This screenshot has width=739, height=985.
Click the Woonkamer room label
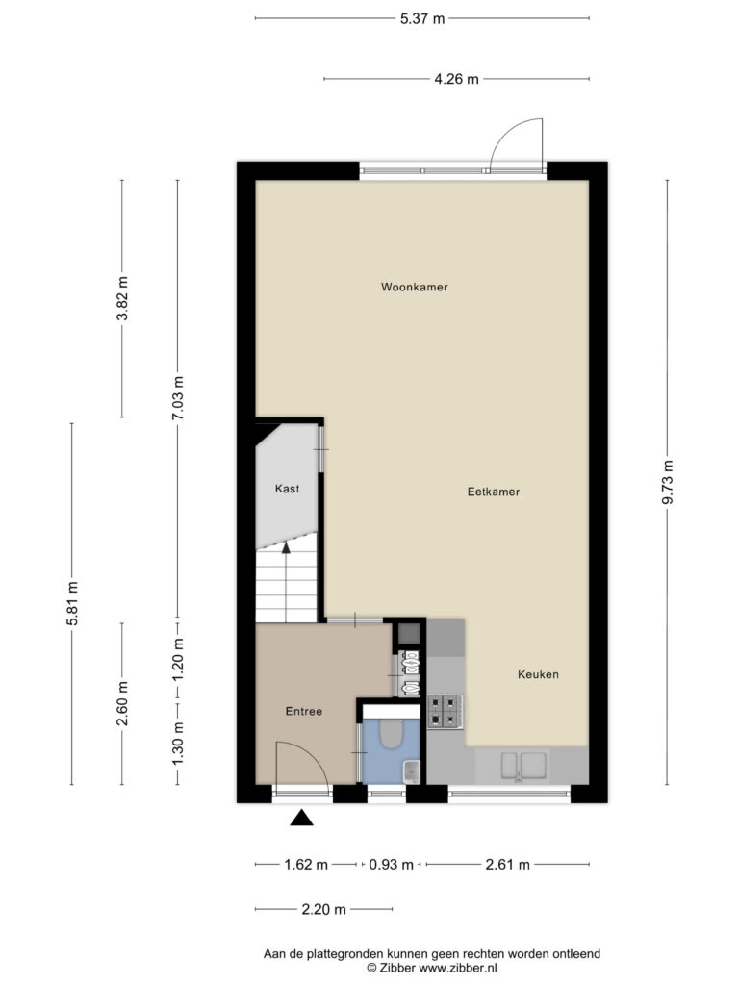point(414,287)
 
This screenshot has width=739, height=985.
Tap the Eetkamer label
point(494,492)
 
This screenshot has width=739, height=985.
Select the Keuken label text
point(538,674)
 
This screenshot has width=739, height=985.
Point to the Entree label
point(303,711)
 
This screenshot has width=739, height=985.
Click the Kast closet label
point(287,489)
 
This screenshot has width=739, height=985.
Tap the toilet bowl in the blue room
point(392,733)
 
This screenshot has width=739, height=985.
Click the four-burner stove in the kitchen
point(446,711)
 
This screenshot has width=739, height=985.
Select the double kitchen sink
point(523,765)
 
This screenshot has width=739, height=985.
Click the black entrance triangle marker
point(301,818)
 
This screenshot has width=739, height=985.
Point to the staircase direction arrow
point(286,581)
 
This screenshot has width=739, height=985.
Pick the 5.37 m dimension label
point(422,19)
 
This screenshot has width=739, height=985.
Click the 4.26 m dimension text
point(456,79)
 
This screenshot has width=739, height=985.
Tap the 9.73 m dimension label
point(668,482)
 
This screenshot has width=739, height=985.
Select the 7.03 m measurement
point(178,398)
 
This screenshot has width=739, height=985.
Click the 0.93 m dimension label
point(391,865)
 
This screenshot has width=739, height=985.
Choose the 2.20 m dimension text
point(323,909)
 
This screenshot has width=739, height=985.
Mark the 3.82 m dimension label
point(122,298)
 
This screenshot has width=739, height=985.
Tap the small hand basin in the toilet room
point(411,770)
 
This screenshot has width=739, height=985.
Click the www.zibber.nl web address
point(457,968)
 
